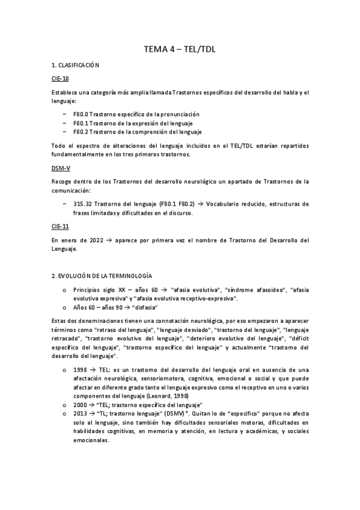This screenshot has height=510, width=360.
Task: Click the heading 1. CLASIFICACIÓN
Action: point(75,64)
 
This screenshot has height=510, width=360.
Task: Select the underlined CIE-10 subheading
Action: point(60,78)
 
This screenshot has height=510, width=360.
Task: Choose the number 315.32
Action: point(83,204)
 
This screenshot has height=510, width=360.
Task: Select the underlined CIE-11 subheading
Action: point(60,226)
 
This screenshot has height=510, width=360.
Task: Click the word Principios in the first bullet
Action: point(88,289)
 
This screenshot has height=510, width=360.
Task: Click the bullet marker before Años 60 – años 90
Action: point(64,307)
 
